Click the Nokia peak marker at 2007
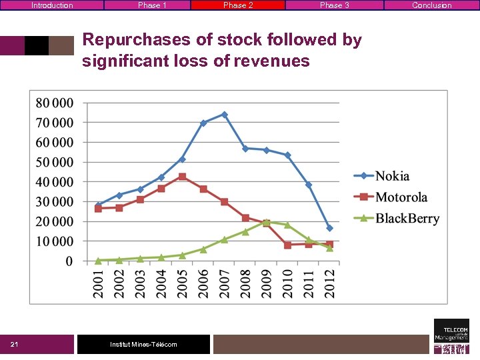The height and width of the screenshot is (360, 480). tap(225, 115)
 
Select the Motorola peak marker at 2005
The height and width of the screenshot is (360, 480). tap(182, 177)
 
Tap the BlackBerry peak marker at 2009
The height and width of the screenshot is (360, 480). tap(266, 222)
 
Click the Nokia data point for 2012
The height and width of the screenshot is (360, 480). tap(329, 228)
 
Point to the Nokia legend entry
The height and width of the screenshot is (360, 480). tap(392, 176)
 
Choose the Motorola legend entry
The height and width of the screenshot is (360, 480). tap(401, 197)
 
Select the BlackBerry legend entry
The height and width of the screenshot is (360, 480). tap(407, 218)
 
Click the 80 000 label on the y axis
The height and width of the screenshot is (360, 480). tap(55, 103)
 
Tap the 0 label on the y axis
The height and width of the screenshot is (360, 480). tap(69, 261)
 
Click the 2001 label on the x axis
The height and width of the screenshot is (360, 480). tap(98, 283)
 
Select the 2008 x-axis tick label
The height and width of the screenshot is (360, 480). tap(245, 283)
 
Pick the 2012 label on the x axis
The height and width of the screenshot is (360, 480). tap(329, 283)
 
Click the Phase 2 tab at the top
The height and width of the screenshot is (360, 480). tap(238, 5)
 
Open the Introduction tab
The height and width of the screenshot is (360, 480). tap(52, 5)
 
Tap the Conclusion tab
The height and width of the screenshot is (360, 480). tap(431, 5)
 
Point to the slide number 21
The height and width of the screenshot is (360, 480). tap(14, 345)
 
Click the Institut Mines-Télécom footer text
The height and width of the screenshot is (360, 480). tap(143, 345)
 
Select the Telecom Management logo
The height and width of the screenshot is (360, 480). tap(451, 336)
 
